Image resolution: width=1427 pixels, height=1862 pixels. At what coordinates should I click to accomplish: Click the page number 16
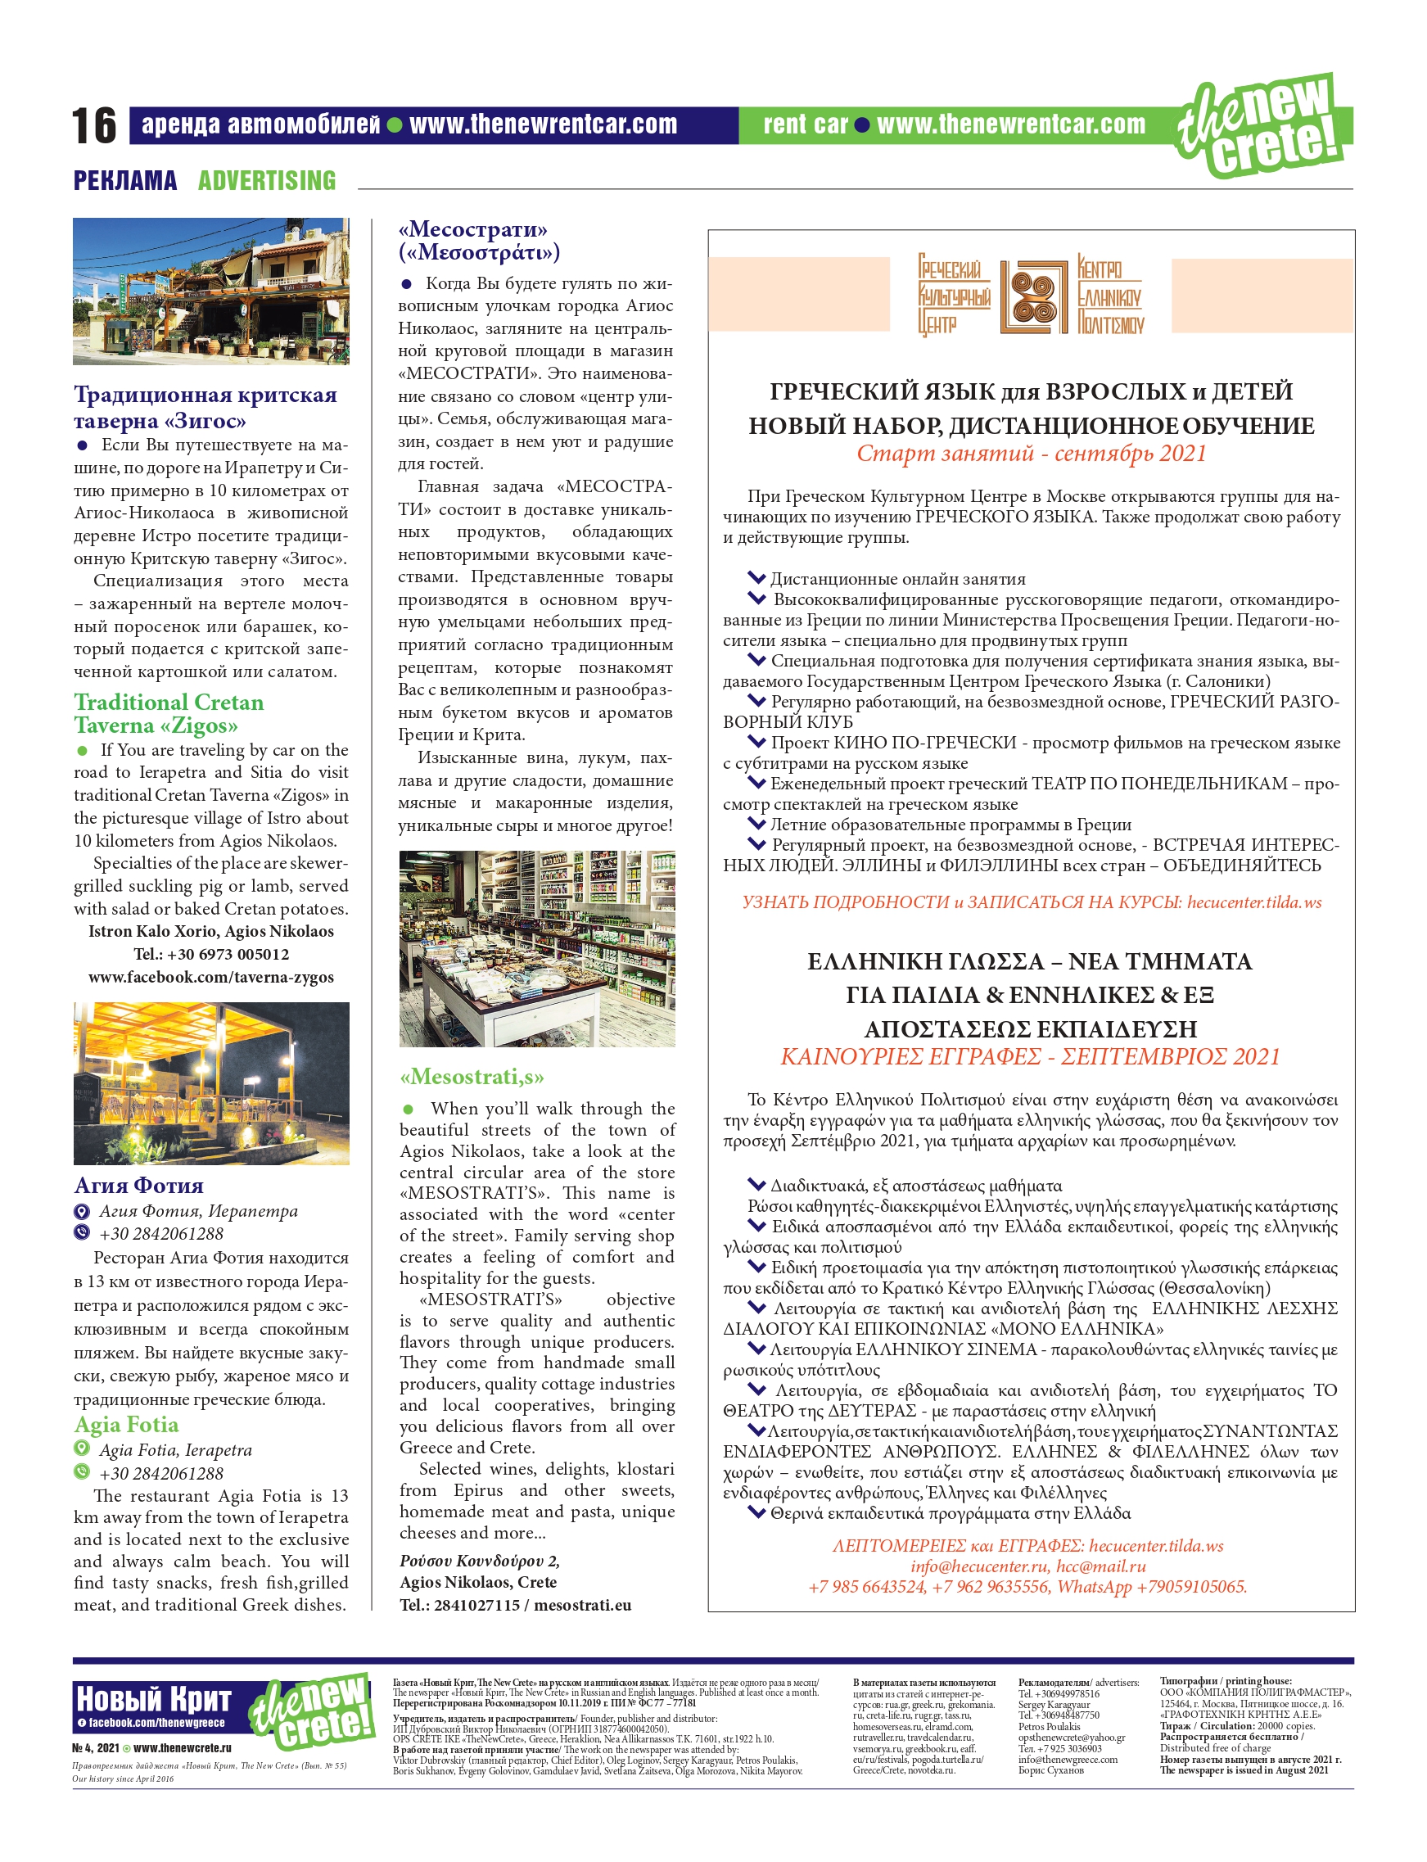(93, 126)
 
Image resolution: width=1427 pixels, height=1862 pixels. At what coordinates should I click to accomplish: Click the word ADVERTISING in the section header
(267, 180)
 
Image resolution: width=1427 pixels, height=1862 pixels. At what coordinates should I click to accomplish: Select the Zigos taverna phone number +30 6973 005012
(210, 954)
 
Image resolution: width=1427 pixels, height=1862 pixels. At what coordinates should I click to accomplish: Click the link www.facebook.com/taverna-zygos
(210, 977)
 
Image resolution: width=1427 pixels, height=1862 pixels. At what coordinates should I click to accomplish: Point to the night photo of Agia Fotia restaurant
(210, 1083)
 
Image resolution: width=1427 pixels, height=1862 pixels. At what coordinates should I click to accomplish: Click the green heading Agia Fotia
(126, 1425)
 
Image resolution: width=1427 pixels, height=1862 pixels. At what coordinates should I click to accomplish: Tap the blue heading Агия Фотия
(138, 1185)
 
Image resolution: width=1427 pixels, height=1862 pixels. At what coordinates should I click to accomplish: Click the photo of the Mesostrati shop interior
(537, 948)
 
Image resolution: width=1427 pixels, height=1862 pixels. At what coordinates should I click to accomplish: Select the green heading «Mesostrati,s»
(472, 1077)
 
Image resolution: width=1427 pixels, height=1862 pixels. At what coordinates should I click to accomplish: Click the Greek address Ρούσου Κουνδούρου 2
(479, 1561)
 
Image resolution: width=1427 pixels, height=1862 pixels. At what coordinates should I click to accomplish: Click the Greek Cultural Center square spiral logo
(1033, 296)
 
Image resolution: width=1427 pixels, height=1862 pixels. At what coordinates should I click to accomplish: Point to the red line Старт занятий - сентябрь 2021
(1032, 454)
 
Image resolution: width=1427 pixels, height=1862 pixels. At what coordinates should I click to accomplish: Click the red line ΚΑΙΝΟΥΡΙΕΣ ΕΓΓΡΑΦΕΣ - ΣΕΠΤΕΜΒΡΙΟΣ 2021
(1030, 1057)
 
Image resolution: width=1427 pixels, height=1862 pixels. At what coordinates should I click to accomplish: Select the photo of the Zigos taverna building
(210, 291)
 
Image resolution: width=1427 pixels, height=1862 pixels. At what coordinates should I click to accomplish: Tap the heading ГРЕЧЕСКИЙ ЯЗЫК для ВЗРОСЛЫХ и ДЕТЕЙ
(1032, 391)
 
